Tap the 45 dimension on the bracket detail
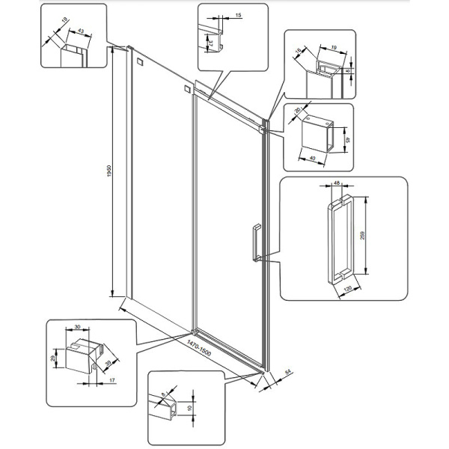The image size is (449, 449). pyautogui.click(x=345, y=138)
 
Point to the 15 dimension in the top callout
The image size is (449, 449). pyautogui.click(x=237, y=14)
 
